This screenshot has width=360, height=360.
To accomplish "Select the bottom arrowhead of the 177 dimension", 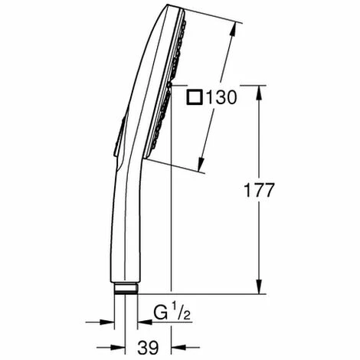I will [261, 289].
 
